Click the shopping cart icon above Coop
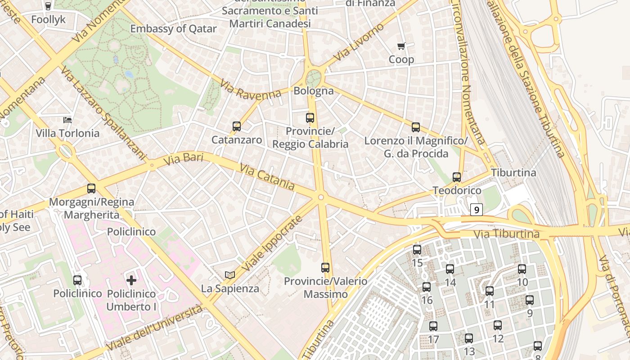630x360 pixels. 401,46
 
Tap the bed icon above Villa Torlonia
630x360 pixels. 67,120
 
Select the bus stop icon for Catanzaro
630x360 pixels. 237,126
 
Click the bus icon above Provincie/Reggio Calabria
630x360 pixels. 310,118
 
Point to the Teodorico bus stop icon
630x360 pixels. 457,177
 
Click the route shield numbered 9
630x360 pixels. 477,210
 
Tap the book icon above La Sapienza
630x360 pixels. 230,275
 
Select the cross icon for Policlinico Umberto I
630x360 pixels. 131,280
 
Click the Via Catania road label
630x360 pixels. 267,177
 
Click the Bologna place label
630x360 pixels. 314,91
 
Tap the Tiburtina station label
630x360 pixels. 513,173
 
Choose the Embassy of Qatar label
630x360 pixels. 173,29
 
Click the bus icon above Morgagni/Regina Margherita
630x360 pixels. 91,189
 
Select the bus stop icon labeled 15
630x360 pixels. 417,250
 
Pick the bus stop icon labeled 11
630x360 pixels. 490,291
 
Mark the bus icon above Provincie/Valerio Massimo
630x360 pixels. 325,268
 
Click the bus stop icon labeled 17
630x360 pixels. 433,326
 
